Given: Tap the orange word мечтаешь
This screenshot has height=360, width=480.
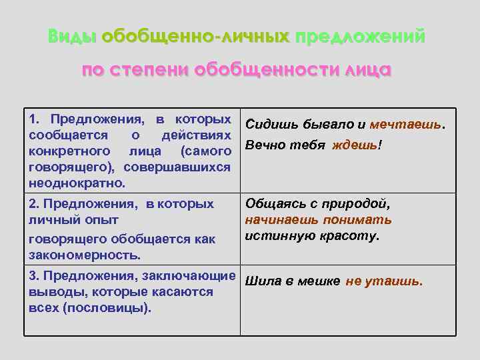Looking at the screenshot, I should tap(407, 124).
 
